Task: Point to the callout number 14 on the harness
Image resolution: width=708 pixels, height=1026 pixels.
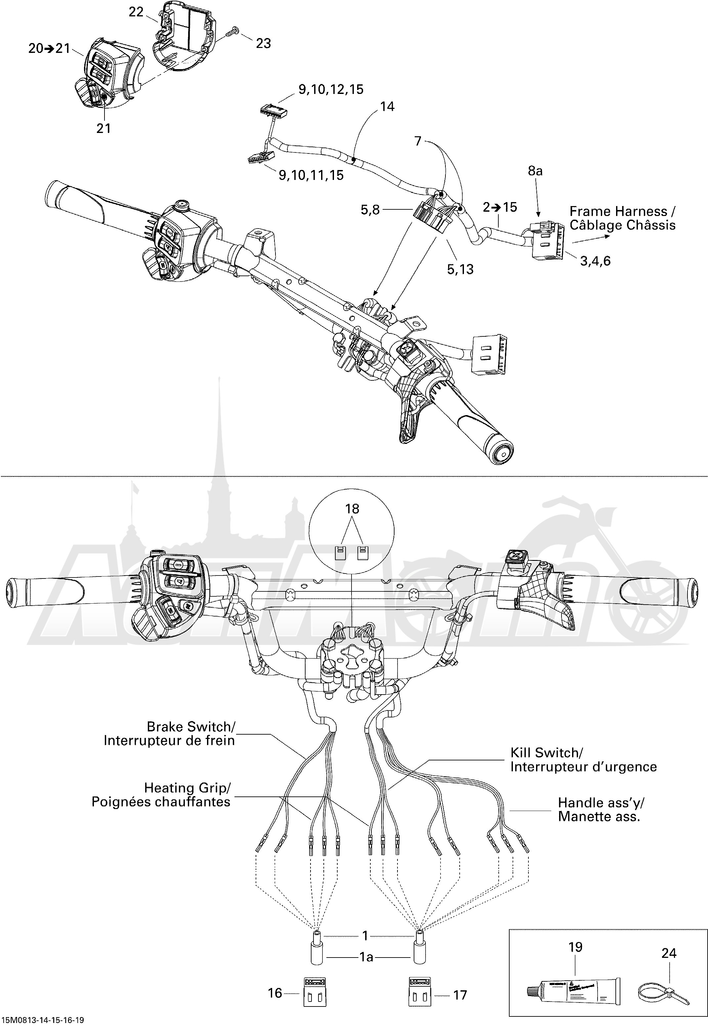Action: pyautogui.click(x=387, y=107)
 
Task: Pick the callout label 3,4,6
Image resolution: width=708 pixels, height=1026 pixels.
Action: pyautogui.click(x=595, y=261)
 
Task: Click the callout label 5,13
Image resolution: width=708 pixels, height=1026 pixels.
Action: pyautogui.click(x=460, y=269)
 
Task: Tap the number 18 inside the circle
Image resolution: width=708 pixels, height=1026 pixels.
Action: pyautogui.click(x=352, y=509)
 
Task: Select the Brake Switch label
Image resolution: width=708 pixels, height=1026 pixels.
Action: pyautogui.click(x=191, y=727)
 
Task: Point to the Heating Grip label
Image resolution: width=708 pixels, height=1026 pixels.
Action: pyautogui.click(x=187, y=788)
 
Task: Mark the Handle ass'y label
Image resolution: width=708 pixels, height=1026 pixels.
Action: pyautogui.click(x=601, y=802)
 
